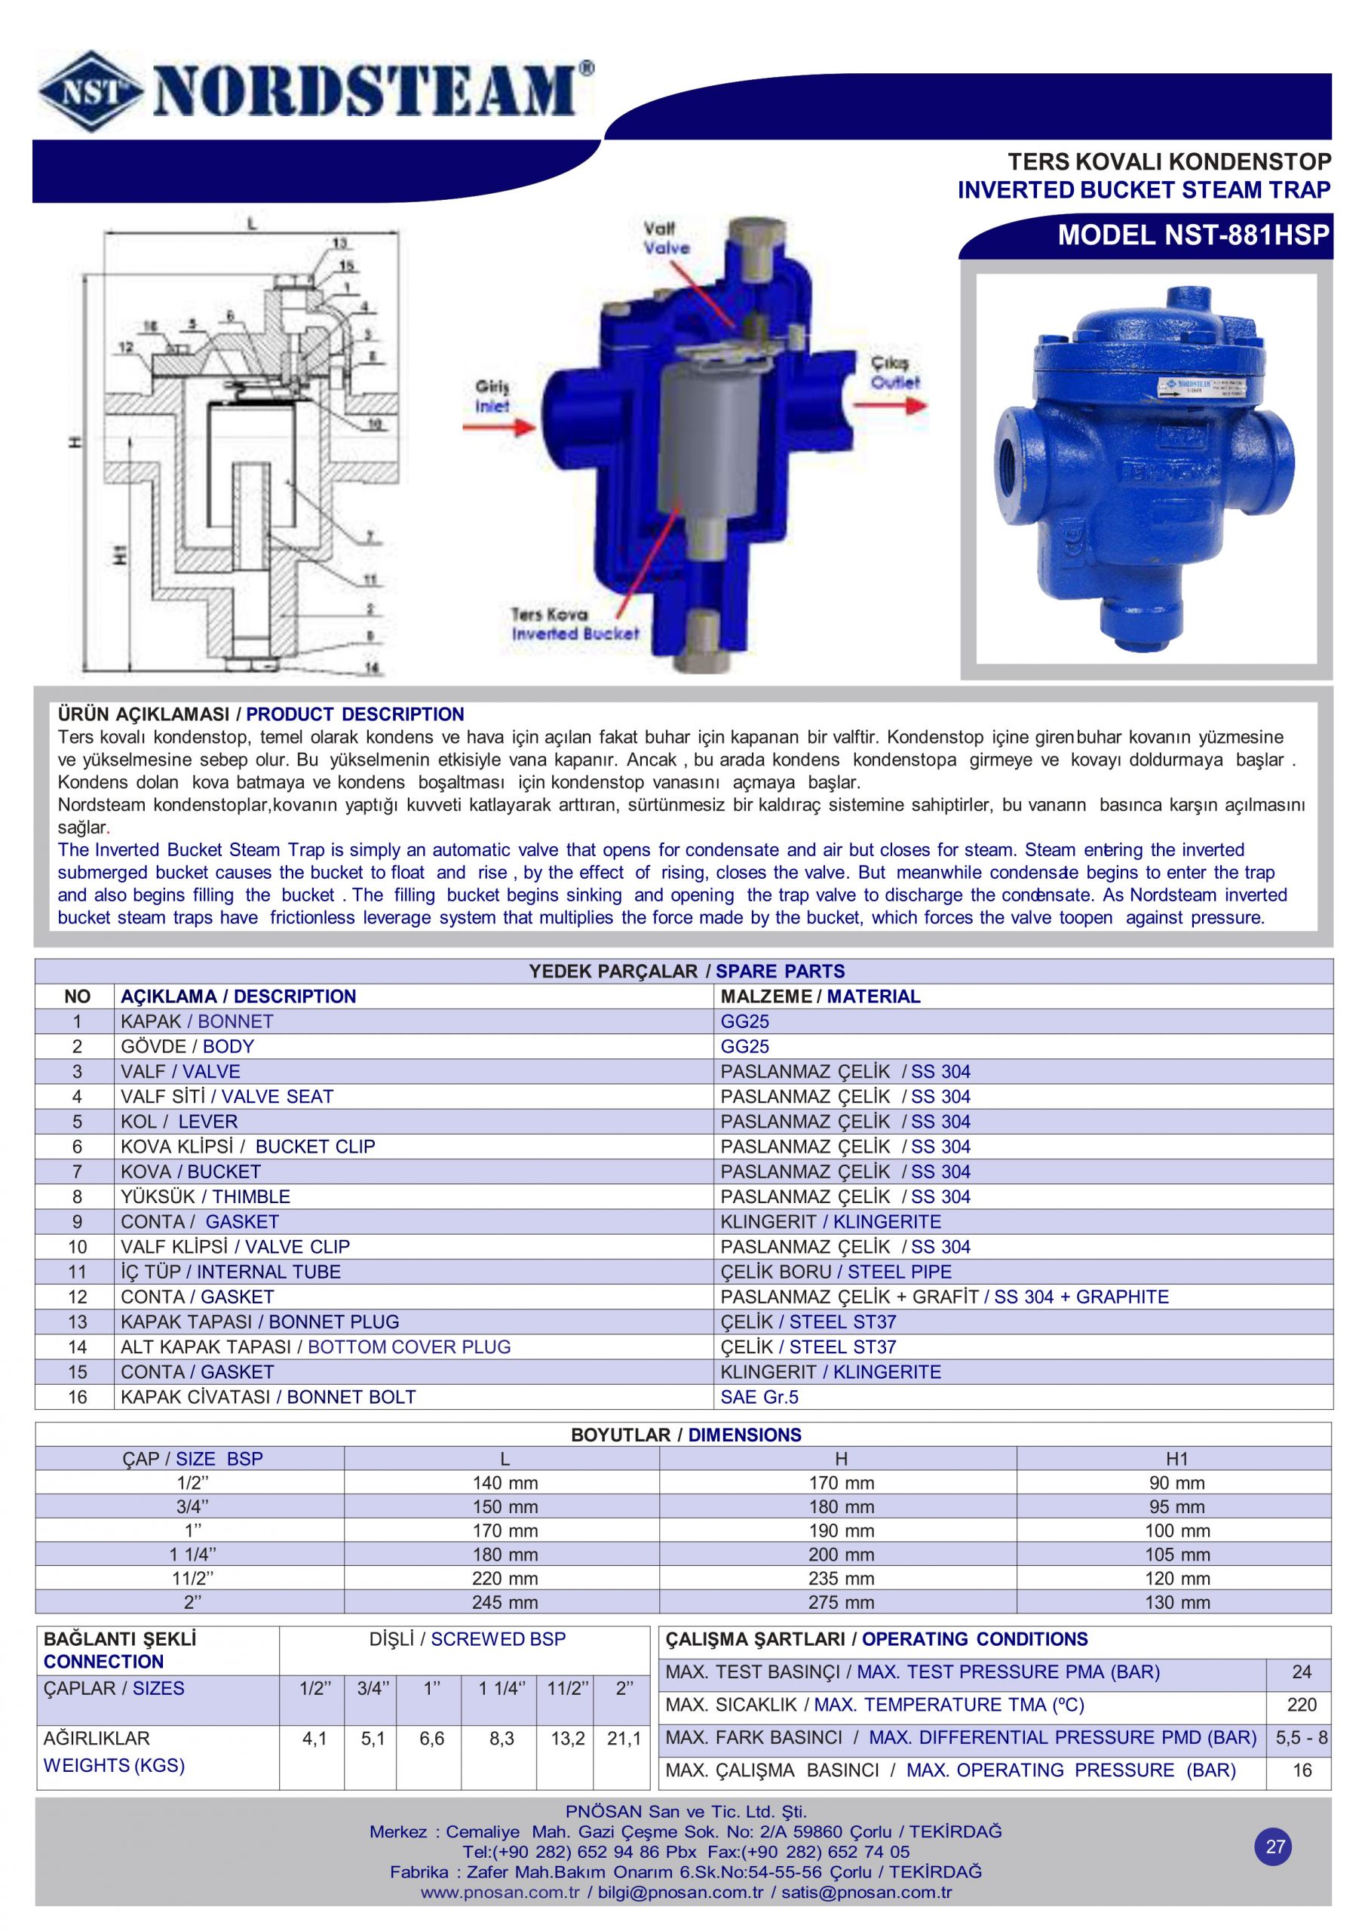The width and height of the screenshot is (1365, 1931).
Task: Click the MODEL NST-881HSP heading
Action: [1193, 235]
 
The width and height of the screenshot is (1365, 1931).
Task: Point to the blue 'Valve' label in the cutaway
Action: [666, 248]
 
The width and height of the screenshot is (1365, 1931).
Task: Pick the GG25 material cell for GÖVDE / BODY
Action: [744, 1046]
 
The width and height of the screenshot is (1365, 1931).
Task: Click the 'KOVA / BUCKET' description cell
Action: [191, 1171]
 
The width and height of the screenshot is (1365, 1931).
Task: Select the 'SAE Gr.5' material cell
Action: [759, 1397]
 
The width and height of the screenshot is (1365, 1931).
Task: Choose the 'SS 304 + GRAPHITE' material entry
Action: [1081, 1297]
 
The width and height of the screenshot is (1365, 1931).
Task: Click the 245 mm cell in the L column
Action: [505, 1602]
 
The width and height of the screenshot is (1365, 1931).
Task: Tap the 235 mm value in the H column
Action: [841, 1579]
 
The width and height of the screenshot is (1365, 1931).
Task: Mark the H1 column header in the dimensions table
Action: [1176, 1459]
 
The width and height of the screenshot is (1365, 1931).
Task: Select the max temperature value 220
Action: [1301, 1705]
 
